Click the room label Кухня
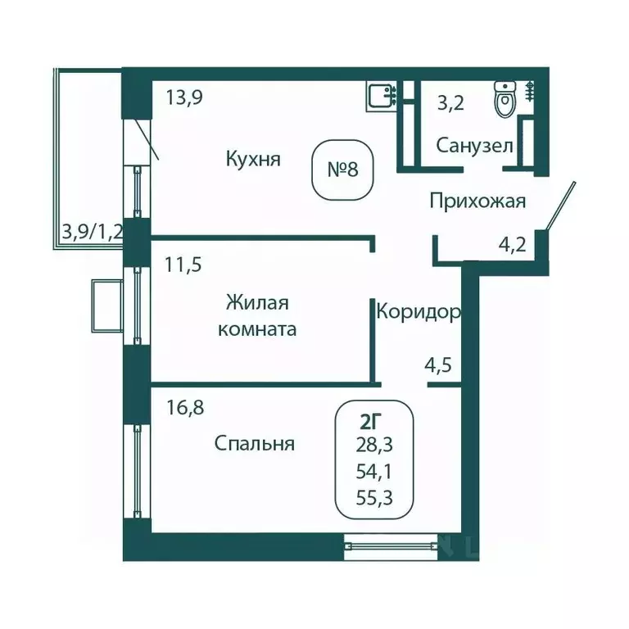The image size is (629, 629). point(254,158)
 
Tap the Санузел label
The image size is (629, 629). point(474,147)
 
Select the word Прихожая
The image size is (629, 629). point(477,201)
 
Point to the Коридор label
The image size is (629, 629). point(417,311)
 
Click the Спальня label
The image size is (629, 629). point(254,444)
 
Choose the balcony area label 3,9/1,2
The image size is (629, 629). point(92,231)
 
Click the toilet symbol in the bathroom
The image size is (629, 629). point(505,102)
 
